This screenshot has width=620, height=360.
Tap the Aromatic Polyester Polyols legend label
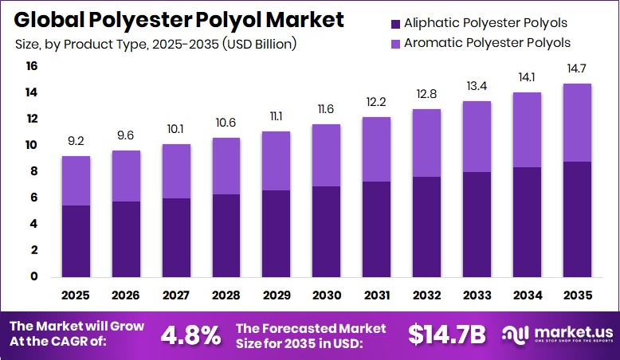tap(487, 42)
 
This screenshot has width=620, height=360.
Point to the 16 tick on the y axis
tap(31, 67)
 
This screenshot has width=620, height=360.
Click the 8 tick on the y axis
tap(32, 171)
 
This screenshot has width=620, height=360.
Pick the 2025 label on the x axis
tap(76, 295)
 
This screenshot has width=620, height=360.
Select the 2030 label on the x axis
tap(327, 295)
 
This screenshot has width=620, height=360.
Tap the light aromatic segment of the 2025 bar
tap(76, 181)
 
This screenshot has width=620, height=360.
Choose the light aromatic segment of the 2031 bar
tap(377, 150)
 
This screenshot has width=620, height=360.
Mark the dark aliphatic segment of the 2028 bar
tap(226, 235)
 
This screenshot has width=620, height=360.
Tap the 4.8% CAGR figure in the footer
tap(190, 335)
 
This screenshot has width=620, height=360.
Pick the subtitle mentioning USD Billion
tap(156, 45)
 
